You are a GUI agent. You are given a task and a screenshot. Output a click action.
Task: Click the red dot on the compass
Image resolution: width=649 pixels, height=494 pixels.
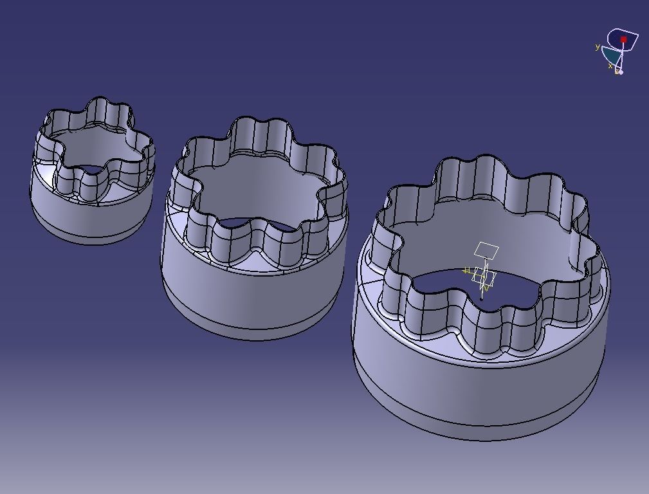click(x=623, y=40)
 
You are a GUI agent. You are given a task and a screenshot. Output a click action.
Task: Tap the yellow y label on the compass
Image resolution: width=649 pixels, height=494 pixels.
click(x=598, y=47)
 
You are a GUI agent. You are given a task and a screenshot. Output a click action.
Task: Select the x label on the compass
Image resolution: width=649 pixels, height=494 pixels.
click(x=610, y=66)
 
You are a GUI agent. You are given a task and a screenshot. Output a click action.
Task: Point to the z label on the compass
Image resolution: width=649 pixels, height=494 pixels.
click(x=616, y=72)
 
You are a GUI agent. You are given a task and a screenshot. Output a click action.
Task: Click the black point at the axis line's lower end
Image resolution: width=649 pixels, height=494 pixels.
click(x=482, y=298)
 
